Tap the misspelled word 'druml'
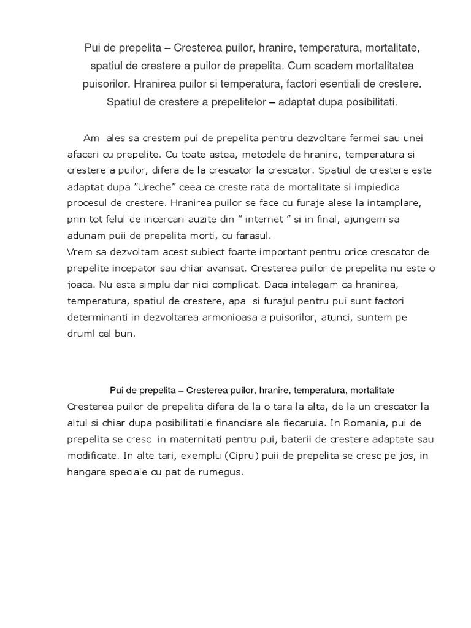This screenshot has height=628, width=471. [80, 334]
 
